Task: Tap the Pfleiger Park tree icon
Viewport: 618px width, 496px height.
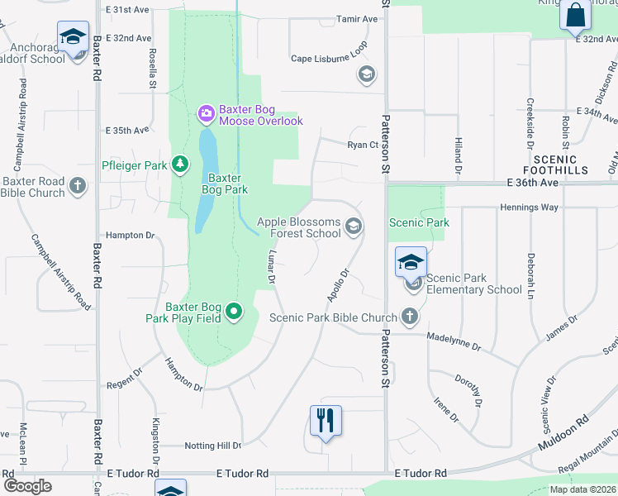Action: pyautogui.click(x=180, y=164)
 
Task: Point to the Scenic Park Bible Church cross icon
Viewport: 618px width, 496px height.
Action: pyautogui.click(x=409, y=316)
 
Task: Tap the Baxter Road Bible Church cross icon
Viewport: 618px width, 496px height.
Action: pyautogui.click(x=78, y=185)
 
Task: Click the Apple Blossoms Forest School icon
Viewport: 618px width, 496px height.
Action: pyautogui.click(x=354, y=226)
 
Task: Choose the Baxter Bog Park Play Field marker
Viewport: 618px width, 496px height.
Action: pyautogui.click(x=235, y=312)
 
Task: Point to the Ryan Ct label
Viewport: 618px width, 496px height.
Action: pyautogui.click(x=362, y=145)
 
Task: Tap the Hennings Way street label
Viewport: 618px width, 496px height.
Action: pyautogui.click(x=530, y=207)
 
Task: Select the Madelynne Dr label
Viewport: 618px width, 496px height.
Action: pyautogui.click(x=454, y=341)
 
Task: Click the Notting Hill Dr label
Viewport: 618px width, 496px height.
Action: pyautogui.click(x=213, y=446)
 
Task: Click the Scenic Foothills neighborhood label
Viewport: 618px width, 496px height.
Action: pyautogui.click(x=561, y=164)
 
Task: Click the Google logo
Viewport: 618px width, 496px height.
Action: pyautogui.click(x=27, y=485)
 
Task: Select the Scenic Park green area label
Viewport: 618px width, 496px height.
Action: pyautogui.click(x=419, y=222)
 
